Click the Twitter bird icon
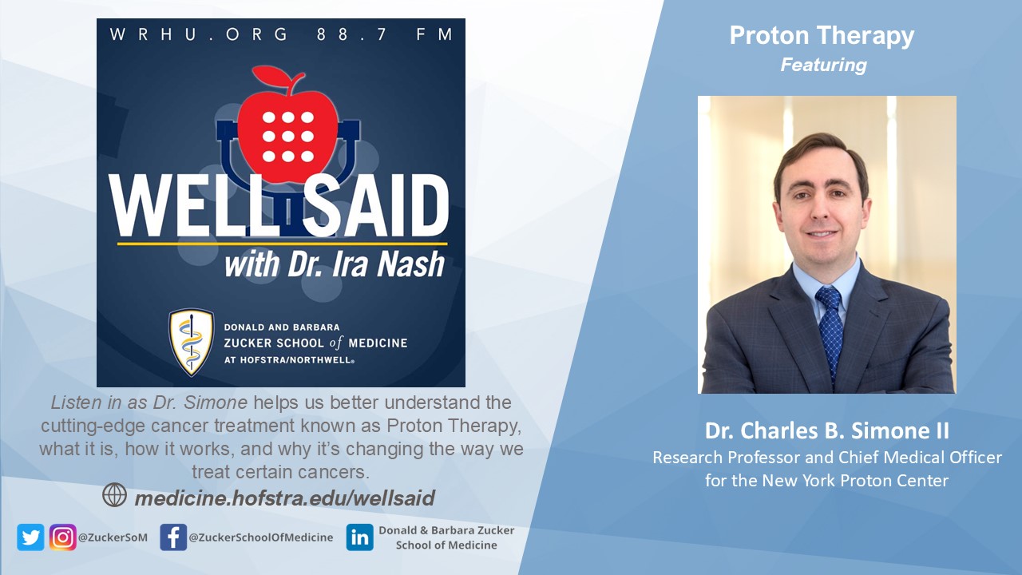click(30, 537)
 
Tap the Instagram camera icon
click(62, 537)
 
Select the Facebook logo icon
click(173, 537)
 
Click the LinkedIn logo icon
click(359, 537)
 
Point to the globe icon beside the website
click(114, 495)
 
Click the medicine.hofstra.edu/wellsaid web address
click(285, 498)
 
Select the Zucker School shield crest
click(192, 343)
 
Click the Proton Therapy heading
click(822, 37)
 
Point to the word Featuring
click(823, 65)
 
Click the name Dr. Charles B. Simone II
click(826, 430)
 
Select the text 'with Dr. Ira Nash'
click(335, 264)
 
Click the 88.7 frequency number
click(352, 34)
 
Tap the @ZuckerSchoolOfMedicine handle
click(261, 537)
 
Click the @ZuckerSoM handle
click(113, 537)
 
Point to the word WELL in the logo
click(187, 205)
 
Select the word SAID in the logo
click(376, 205)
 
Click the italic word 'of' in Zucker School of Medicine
click(336, 343)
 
